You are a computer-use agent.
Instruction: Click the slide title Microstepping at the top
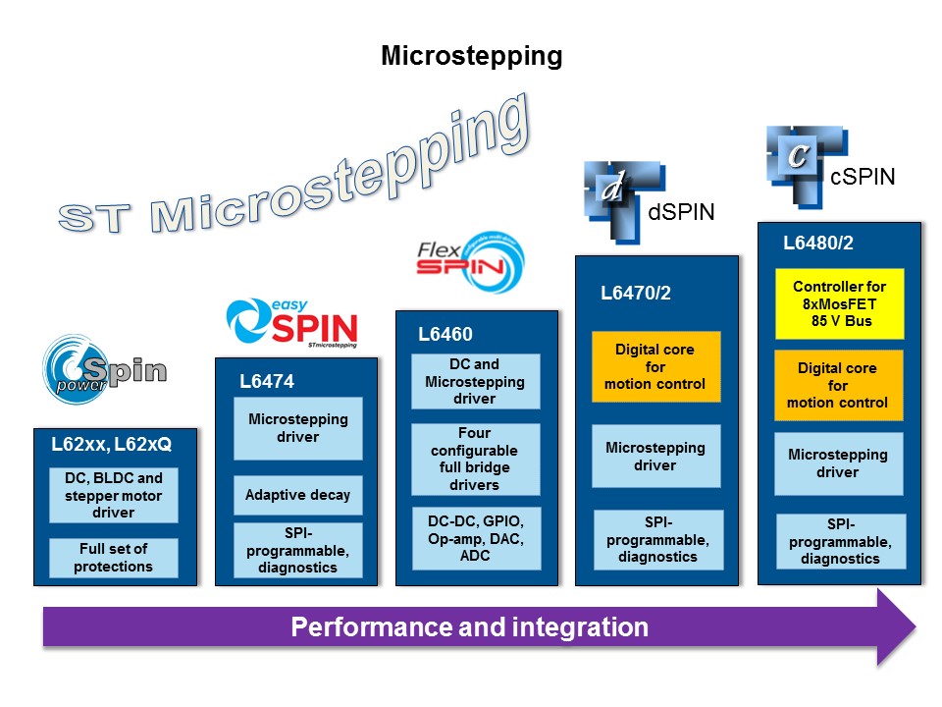pyautogui.click(x=471, y=56)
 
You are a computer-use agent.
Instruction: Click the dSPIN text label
pyautogui.click(x=681, y=211)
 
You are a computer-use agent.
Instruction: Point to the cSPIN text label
pyautogui.click(x=863, y=178)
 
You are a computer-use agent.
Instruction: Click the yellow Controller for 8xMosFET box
pyautogui.click(x=839, y=303)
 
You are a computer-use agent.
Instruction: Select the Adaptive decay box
pyautogui.click(x=297, y=496)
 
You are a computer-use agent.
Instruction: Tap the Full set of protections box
pyautogui.click(x=114, y=558)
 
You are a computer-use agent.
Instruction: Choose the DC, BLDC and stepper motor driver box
pyautogui.click(x=114, y=495)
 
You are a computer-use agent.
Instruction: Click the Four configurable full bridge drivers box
pyautogui.click(x=475, y=459)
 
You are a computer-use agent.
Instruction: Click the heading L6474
pyautogui.click(x=267, y=381)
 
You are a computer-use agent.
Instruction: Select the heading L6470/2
pyautogui.click(x=636, y=292)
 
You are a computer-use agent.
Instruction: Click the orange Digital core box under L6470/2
pyautogui.click(x=655, y=366)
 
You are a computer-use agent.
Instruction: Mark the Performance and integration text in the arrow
pyautogui.click(x=469, y=627)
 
